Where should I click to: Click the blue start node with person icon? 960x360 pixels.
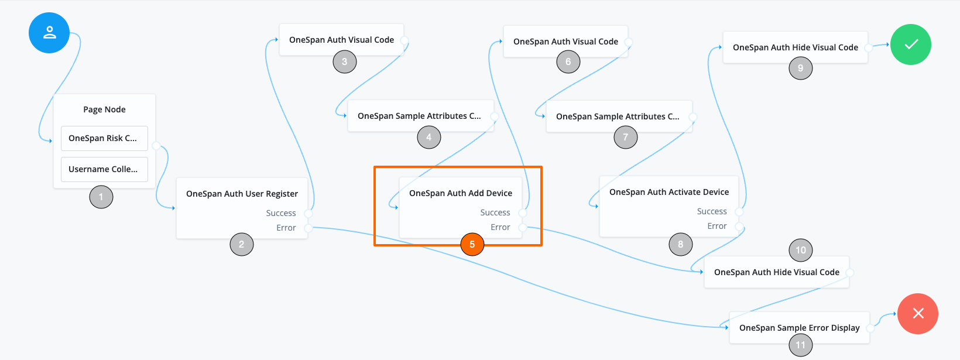click(x=49, y=33)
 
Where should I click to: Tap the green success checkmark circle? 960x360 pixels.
click(x=911, y=44)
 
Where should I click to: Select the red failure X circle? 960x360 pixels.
click(x=918, y=314)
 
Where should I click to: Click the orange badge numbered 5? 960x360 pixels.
click(x=472, y=245)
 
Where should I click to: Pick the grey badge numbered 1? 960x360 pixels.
click(x=101, y=197)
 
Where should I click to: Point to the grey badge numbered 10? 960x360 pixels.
click(x=801, y=251)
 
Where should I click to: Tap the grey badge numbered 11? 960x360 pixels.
click(x=801, y=345)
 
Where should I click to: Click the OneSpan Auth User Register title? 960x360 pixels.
click(x=242, y=194)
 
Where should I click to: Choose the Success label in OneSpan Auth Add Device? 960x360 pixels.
click(x=495, y=212)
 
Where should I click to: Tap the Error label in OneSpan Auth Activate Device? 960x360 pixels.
click(x=717, y=226)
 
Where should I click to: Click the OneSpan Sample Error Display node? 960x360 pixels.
click(x=799, y=328)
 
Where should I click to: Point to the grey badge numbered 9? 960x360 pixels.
click(x=801, y=68)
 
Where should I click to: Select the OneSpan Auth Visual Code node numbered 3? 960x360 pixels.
click(x=341, y=40)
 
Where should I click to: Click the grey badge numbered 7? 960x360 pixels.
click(x=626, y=138)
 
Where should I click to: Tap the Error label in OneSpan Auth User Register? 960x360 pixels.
click(x=286, y=228)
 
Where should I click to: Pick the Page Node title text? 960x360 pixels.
click(x=104, y=109)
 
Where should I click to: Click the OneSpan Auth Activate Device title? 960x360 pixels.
click(x=669, y=192)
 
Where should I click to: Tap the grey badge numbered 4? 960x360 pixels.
click(x=429, y=138)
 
